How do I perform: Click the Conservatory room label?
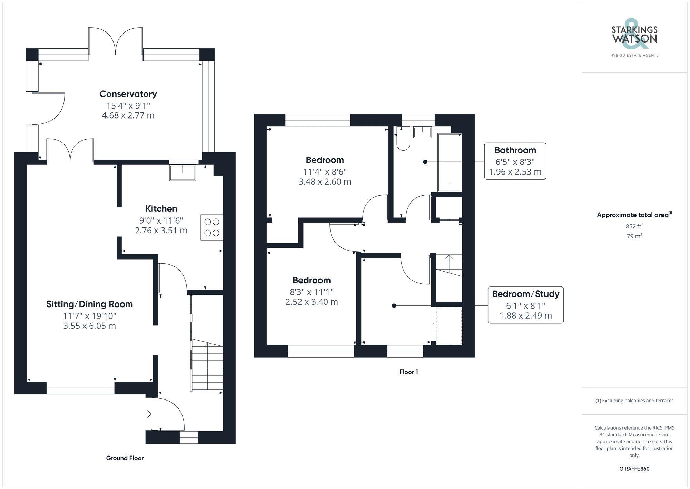point(128,94)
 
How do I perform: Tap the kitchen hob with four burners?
point(211,227)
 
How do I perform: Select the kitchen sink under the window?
point(183,173)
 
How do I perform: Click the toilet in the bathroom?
point(403,140)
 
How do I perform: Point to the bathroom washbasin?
point(422,132)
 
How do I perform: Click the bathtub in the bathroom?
point(450,162)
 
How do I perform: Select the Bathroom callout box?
point(515,161)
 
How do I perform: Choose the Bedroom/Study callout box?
point(525,305)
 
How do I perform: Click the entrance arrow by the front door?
point(148,414)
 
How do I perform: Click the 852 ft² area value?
point(634,226)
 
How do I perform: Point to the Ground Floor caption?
point(125,458)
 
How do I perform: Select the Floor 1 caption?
point(408,372)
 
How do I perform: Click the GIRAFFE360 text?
point(634,469)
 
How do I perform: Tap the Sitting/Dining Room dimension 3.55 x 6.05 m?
point(89,326)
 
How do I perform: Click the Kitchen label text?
point(161,209)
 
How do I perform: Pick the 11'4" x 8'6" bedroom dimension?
point(325,171)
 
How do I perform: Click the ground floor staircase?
point(207,366)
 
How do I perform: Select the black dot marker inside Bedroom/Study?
point(394,306)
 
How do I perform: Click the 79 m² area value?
point(634,236)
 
